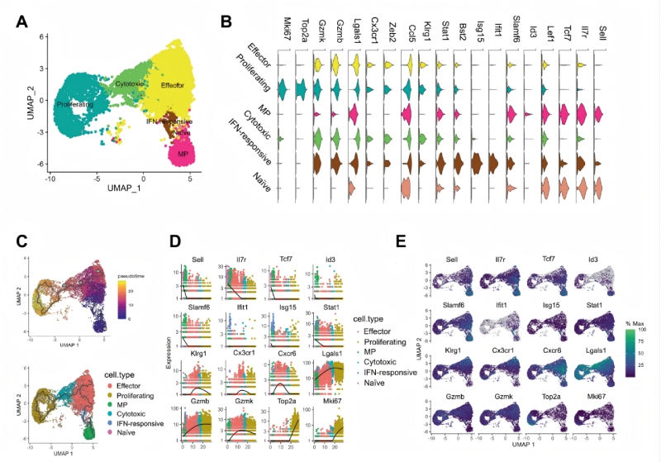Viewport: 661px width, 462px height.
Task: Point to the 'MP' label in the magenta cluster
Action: [176, 153]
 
